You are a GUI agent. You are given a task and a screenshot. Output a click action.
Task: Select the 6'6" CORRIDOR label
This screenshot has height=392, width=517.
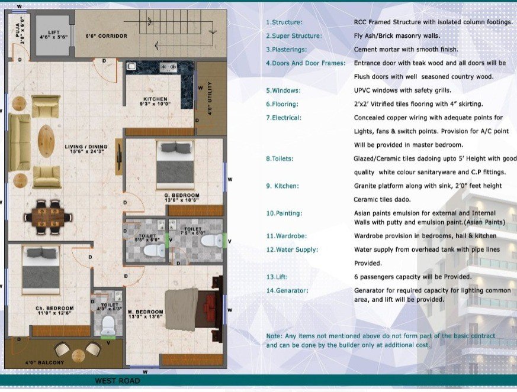[106, 36]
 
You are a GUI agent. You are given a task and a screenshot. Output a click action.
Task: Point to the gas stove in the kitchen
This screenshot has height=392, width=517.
[168, 67]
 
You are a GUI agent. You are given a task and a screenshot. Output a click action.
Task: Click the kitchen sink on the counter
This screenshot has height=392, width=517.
[131, 66]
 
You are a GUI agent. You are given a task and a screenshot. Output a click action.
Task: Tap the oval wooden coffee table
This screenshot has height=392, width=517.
[46, 141]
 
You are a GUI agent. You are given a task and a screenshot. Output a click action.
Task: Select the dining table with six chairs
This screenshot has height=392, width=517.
[48, 217]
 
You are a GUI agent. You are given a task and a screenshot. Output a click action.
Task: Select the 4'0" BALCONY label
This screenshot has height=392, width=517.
[44, 362]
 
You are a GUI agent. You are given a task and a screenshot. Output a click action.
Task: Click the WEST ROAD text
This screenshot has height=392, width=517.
[117, 381]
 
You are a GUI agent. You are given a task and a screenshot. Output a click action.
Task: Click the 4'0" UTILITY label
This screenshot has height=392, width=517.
[210, 98]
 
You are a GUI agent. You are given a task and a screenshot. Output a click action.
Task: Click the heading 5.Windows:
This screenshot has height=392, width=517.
[283, 90]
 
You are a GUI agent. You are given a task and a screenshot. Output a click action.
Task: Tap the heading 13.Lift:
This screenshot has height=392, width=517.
[277, 277]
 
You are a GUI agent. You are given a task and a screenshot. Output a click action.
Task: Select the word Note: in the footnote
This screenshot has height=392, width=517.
[274, 336]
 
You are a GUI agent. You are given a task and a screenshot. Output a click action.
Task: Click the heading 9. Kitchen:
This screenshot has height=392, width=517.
[282, 186]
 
